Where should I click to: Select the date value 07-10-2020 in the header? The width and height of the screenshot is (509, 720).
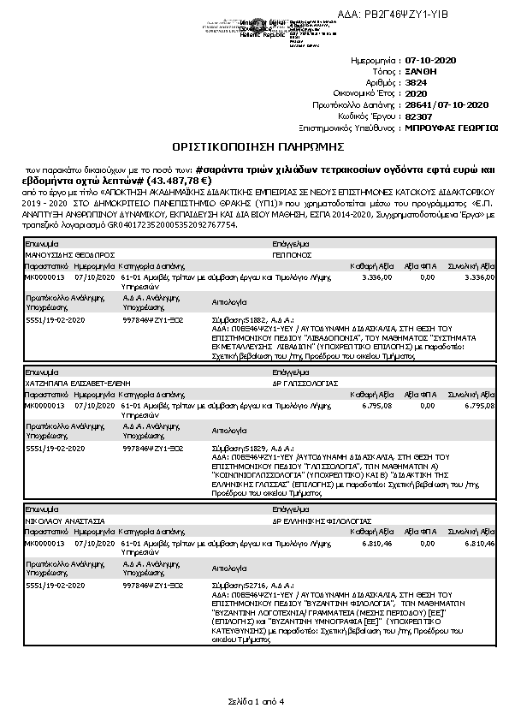433,62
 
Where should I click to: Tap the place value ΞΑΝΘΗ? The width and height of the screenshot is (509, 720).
419,73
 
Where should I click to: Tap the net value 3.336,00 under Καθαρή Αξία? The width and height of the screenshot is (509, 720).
377,277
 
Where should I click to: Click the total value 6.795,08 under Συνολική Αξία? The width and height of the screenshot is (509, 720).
478,406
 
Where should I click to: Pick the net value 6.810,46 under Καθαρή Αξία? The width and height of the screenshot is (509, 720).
377,543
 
